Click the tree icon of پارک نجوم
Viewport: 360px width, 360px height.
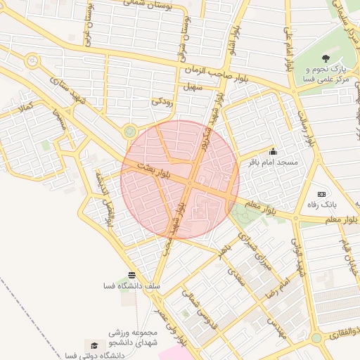click(x=325, y=58)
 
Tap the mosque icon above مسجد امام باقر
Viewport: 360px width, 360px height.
click(x=273, y=151)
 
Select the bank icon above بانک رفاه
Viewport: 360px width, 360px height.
click(x=322, y=193)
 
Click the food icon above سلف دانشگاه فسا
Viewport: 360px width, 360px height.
click(x=131, y=274)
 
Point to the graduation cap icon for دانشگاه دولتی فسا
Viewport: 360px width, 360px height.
click(x=92, y=345)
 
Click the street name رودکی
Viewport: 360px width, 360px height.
click(x=161, y=101)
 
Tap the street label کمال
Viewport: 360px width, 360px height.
click(x=27, y=108)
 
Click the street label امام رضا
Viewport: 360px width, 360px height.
click(x=275, y=290)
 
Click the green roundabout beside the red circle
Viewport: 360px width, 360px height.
click(x=129, y=131)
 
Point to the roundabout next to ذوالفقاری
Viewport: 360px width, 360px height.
click(x=316, y=338)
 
